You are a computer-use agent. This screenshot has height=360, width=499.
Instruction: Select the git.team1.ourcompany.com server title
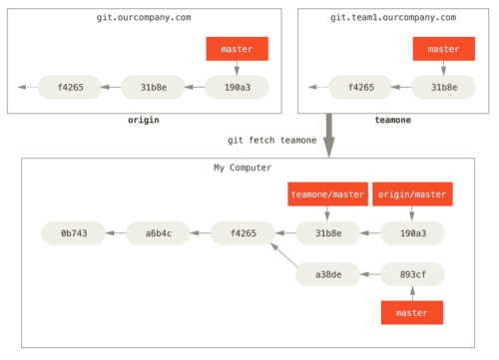point(392,18)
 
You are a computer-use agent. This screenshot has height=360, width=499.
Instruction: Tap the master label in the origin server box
point(237,49)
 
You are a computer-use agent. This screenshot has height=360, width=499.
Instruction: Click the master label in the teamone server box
point(443,49)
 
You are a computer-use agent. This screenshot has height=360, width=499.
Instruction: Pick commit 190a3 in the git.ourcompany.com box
point(237,87)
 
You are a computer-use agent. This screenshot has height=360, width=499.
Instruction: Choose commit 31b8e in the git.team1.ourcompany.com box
point(443,87)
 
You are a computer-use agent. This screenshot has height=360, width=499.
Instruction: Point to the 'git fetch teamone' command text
point(271,141)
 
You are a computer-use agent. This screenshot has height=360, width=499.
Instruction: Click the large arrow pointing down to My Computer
point(329,134)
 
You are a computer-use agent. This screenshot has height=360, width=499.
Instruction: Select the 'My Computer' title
point(243,168)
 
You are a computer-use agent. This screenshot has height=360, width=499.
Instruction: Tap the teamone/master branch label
point(327,194)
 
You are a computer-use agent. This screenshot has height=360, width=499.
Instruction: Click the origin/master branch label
point(412,194)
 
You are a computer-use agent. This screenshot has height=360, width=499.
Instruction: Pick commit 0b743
point(73,233)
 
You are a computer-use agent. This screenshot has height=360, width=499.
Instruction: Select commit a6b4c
point(158,233)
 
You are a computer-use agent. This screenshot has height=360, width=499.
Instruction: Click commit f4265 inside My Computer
point(243,233)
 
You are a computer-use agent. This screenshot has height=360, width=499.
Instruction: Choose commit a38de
point(327,274)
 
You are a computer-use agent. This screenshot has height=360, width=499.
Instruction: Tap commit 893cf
point(412,274)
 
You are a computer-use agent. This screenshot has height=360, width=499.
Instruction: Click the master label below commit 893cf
point(411,312)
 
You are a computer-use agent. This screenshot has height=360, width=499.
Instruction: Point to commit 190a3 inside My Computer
point(412,233)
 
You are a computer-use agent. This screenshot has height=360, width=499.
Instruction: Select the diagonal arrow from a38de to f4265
point(284,255)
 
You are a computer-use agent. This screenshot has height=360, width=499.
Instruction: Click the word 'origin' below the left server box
point(143,121)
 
